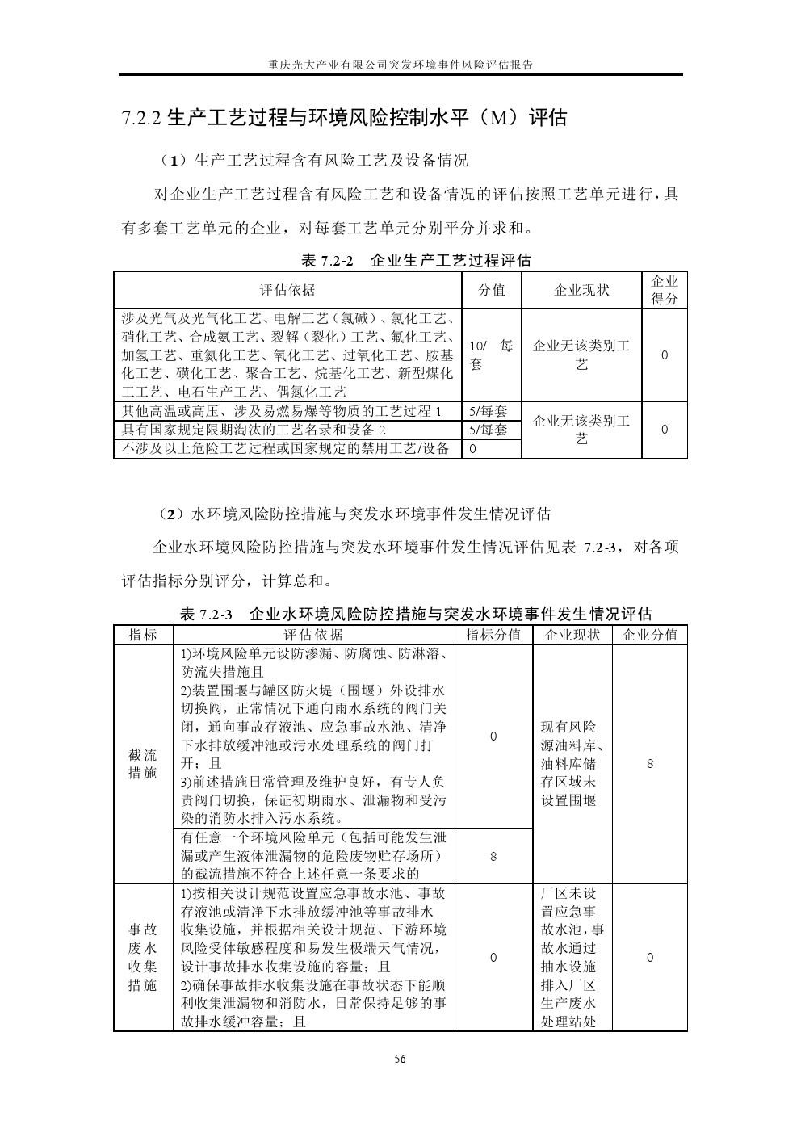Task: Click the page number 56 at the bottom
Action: coord(400,1059)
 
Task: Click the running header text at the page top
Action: coord(400,65)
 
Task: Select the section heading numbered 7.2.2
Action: coord(345,119)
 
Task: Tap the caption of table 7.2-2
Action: coord(416,261)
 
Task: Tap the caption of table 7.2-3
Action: coord(416,615)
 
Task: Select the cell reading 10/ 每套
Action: coord(492,355)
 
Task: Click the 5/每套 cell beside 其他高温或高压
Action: coord(489,411)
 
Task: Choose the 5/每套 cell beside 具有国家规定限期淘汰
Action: coord(489,430)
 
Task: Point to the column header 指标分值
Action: coord(493,635)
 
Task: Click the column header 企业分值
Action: coord(650,635)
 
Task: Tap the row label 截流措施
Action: coord(143,764)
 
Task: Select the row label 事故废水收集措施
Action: coord(143,958)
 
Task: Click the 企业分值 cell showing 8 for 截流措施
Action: coord(650,764)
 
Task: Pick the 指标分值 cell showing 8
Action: coord(493,856)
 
